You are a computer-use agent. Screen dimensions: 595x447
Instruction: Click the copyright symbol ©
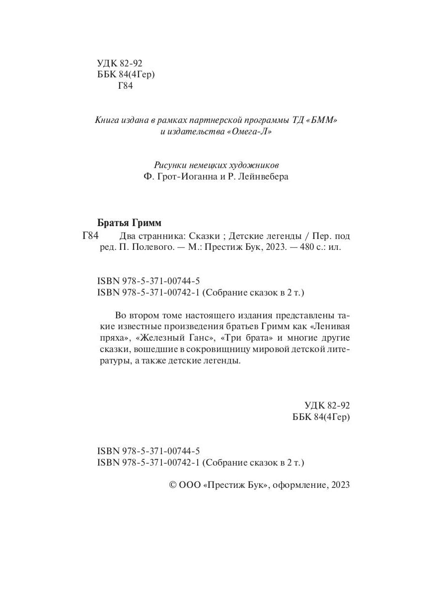[x=173, y=486]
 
